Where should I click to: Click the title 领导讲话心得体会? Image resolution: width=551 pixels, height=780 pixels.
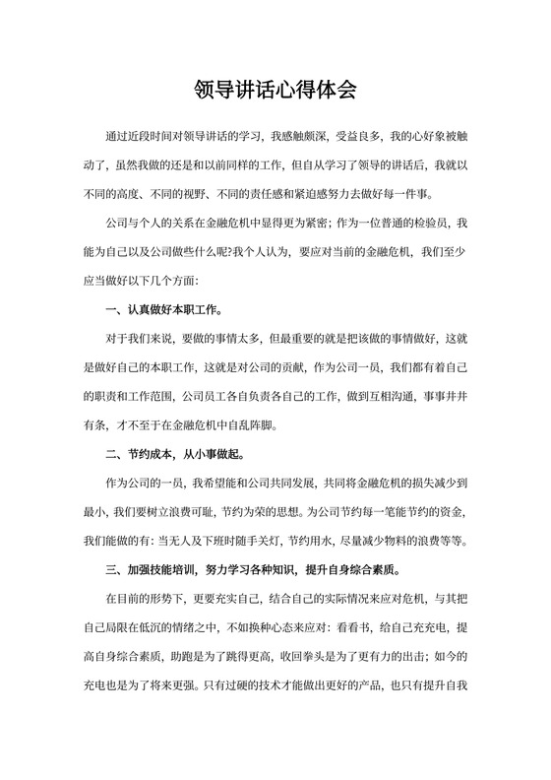(x=275, y=91)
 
